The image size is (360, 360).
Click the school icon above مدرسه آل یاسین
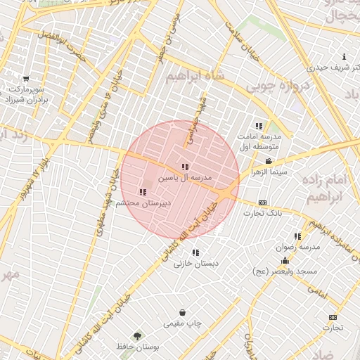185,167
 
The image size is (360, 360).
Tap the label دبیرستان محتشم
143,202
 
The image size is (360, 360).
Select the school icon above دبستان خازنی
195,252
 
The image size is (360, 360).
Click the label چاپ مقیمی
183,323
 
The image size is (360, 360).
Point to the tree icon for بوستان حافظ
136,335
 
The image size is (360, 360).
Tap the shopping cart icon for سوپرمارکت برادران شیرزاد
26,79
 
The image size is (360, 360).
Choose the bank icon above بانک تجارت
263,202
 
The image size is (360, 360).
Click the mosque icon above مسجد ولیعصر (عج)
285,262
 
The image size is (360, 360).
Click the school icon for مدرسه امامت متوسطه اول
259,126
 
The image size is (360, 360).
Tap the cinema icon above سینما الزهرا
269,161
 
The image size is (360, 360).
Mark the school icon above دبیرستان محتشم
143,192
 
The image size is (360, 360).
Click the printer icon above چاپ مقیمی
183,312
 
